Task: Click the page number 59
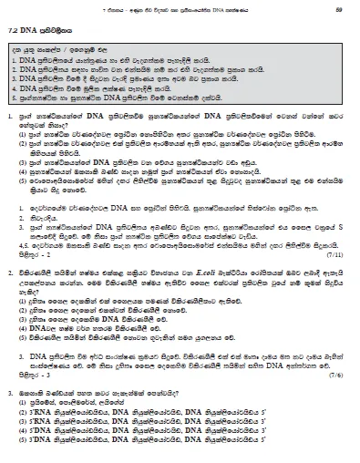336,9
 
